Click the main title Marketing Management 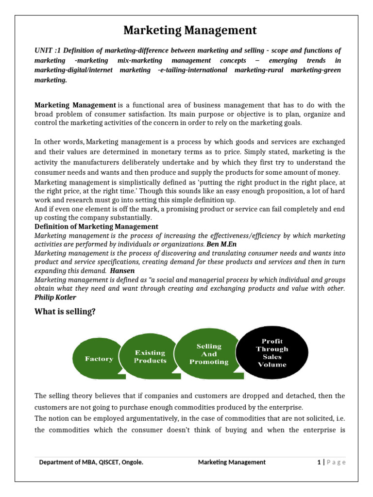coord(189,31)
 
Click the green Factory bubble coord(99,359)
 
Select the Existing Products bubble coord(150,357)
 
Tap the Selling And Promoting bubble coord(209,354)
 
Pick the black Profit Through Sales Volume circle coord(272,353)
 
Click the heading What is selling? coord(65,312)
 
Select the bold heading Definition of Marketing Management coord(96,227)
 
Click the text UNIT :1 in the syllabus coord(48,50)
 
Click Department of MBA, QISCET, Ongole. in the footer coord(91,462)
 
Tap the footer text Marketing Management coord(232,462)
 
